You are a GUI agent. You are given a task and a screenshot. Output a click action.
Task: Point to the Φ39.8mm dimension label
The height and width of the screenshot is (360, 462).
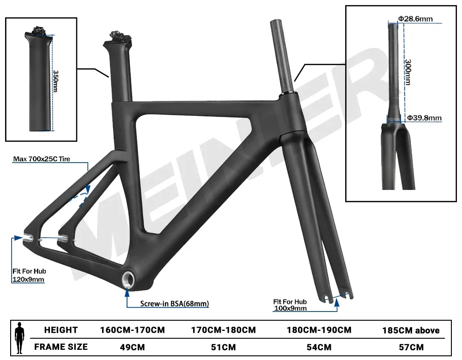[424, 118]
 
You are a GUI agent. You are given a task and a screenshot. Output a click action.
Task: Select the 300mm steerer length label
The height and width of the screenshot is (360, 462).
[407, 71]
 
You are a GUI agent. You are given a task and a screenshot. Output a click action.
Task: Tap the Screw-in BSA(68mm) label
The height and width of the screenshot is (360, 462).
[175, 304]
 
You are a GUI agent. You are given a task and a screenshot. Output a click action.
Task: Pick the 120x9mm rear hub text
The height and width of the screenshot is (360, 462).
[28, 279]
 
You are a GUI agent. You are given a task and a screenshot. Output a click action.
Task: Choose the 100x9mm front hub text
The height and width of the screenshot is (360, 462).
[290, 308]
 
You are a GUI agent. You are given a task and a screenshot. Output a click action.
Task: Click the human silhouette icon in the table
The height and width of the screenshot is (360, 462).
[19, 338]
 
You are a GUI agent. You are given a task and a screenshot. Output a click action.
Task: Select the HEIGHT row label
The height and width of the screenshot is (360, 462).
[61, 330]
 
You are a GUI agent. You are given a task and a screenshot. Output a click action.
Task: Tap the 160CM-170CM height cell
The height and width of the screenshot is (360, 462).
[132, 330]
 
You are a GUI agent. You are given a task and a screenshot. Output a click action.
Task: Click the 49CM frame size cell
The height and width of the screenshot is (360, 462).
[132, 346]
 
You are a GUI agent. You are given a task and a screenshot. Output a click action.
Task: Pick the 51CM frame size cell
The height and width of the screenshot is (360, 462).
[223, 346]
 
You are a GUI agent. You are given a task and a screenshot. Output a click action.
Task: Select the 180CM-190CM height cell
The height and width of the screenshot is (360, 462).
[319, 330]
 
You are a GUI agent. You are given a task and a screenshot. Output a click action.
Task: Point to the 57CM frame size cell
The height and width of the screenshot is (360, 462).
[410, 346]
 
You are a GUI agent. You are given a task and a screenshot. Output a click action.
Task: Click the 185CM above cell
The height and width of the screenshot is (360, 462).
[410, 330]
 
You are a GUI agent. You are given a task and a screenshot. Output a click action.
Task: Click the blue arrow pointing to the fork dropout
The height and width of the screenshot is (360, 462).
[337, 303]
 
